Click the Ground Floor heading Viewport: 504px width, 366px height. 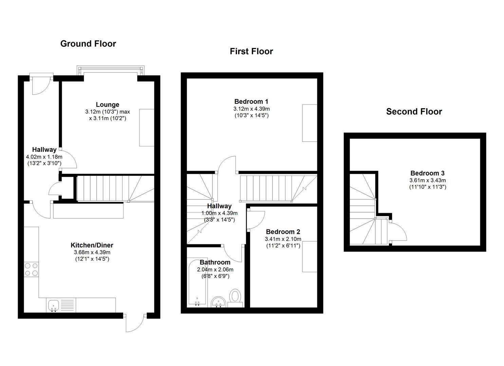click(x=88, y=44)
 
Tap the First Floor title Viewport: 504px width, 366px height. click(x=251, y=52)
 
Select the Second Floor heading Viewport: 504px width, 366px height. click(x=414, y=112)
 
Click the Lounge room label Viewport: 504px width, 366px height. click(x=108, y=104)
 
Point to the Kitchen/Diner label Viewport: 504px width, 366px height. click(x=92, y=245)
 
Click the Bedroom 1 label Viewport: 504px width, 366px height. click(x=251, y=102)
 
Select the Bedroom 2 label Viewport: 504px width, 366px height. click(x=283, y=232)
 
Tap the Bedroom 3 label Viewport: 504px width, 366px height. click(x=427, y=173)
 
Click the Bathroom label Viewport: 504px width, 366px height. click(x=215, y=262)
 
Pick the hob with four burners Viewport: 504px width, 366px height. click(x=31, y=269)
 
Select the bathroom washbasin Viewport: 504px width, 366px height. click(x=219, y=302)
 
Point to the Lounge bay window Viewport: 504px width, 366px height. click(x=110, y=70)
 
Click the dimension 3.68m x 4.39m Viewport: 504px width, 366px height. click(x=92, y=252)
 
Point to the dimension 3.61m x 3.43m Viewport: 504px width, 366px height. click(x=428, y=180)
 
